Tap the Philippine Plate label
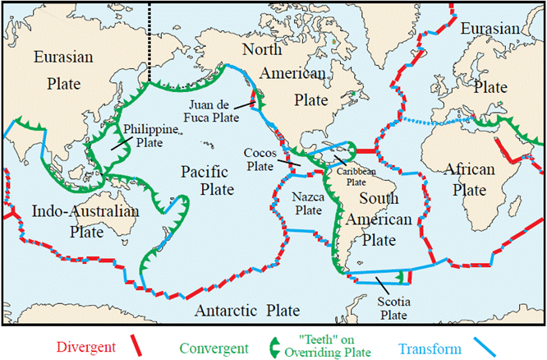pos(150,136)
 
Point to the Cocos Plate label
pos(264,159)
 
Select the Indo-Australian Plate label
pos(85,221)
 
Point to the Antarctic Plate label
pos(246,311)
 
